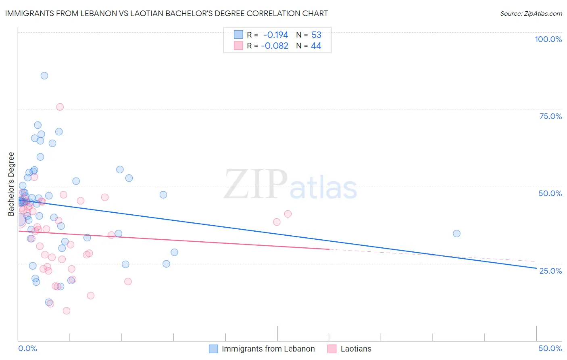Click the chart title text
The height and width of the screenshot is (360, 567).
(167, 13)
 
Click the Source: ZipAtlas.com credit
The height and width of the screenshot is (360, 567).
(531, 14)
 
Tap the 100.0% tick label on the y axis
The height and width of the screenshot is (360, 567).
(548, 39)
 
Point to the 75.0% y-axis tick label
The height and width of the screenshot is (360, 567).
(550, 116)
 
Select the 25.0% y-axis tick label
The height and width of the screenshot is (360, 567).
(550, 271)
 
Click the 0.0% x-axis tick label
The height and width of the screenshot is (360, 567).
(27, 348)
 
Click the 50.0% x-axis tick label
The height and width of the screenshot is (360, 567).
(550, 348)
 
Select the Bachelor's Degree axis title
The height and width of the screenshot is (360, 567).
(11, 184)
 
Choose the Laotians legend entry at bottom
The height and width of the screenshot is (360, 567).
(356, 349)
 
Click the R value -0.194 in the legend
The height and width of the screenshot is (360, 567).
(275, 35)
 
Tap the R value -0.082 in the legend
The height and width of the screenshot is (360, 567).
(275, 46)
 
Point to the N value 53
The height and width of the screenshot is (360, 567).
(316, 35)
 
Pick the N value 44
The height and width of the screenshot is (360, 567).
(316, 46)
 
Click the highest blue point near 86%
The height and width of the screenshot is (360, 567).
(44, 75)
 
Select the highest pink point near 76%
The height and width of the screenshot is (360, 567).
(60, 107)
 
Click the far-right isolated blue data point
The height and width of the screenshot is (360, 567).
(457, 233)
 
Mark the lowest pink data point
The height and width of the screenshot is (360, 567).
(67, 311)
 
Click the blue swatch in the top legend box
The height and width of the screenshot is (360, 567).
(238, 35)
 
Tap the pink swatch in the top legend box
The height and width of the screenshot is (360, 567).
(238, 46)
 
